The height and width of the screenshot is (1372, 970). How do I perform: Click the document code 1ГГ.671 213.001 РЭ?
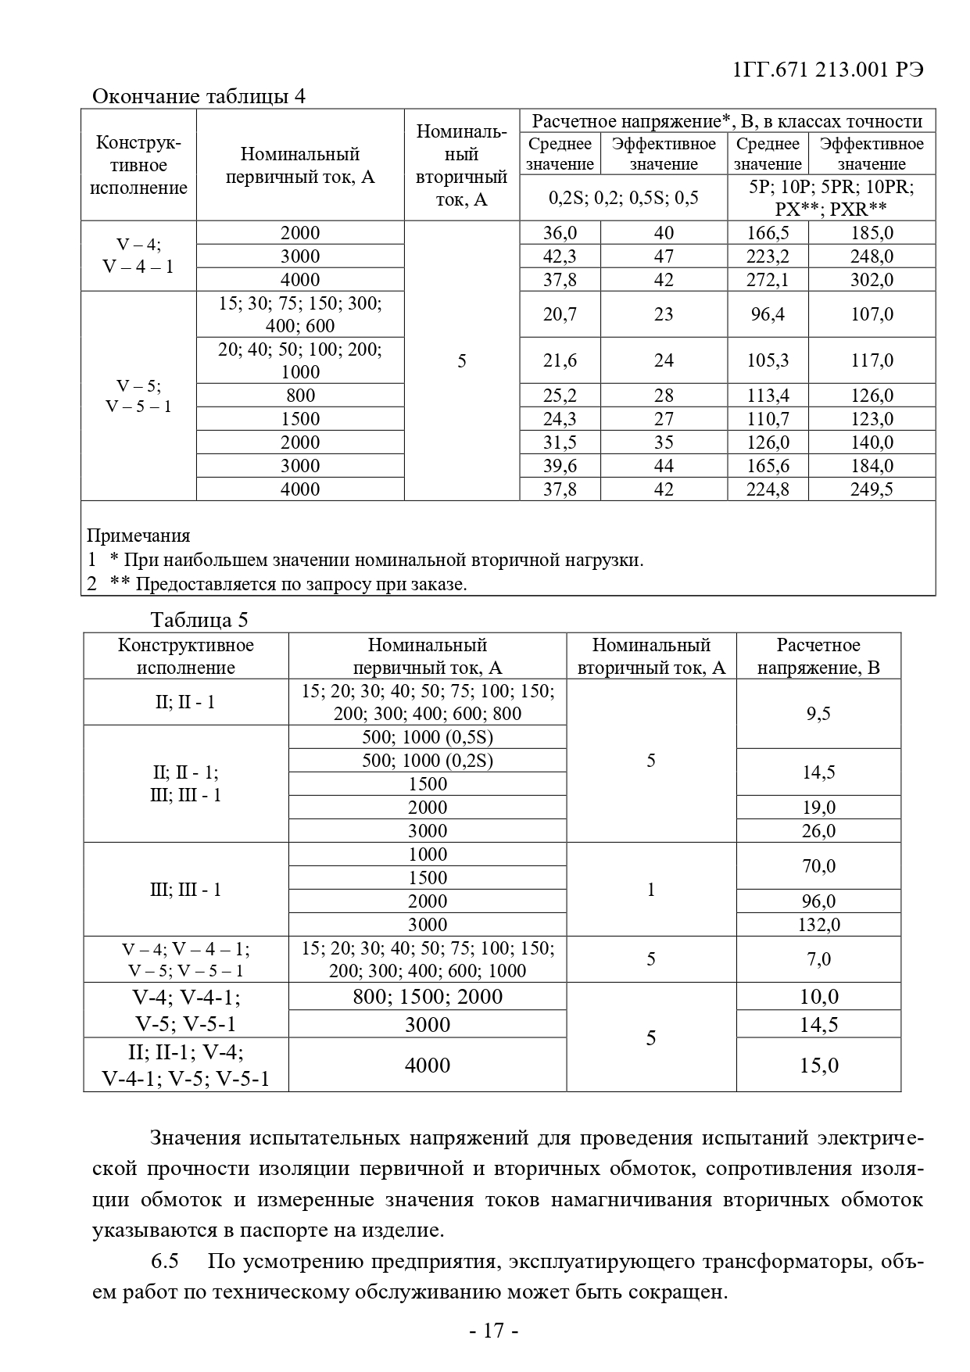tap(829, 70)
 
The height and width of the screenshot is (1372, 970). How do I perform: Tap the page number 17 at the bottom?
tap(493, 1331)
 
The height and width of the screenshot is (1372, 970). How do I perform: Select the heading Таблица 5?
tap(199, 620)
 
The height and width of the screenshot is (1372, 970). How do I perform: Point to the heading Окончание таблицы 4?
tap(199, 96)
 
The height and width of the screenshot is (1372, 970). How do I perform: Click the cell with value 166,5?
tap(768, 233)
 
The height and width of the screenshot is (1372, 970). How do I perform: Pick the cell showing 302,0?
tap(872, 280)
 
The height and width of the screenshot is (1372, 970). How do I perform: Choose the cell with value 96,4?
tap(768, 314)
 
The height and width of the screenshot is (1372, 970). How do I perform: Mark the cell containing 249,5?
tap(872, 489)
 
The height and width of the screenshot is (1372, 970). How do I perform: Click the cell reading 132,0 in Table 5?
tap(818, 925)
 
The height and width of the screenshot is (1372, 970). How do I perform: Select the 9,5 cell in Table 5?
tap(818, 714)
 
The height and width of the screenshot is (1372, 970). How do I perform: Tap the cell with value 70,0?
tap(818, 866)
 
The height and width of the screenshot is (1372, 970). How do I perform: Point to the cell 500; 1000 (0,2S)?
tap(428, 761)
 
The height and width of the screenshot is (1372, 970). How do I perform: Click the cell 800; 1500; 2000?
tap(428, 997)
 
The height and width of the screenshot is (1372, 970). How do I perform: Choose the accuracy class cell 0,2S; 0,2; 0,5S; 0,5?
tap(623, 198)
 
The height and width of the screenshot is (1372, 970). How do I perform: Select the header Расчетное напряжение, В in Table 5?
tap(818, 657)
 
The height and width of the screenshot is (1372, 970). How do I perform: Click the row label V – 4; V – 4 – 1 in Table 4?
tap(138, 256)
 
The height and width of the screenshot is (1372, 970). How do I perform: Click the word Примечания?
tap(138, 536)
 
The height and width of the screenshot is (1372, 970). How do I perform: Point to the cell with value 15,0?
tap(818, 1066)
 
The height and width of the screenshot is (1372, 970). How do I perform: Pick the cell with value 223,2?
tap(768, 256)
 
